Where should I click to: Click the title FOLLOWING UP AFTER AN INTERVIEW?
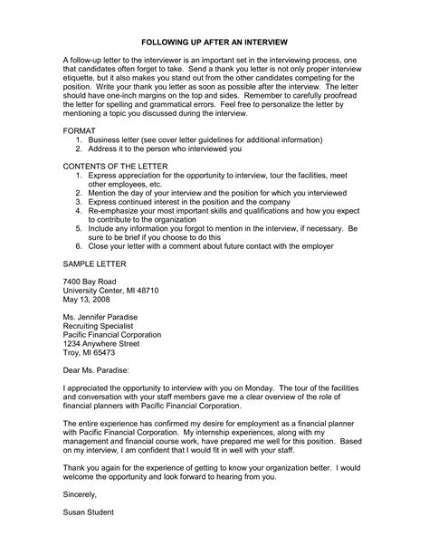pos(214,42)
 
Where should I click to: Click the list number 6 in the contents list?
pos(81,244)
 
